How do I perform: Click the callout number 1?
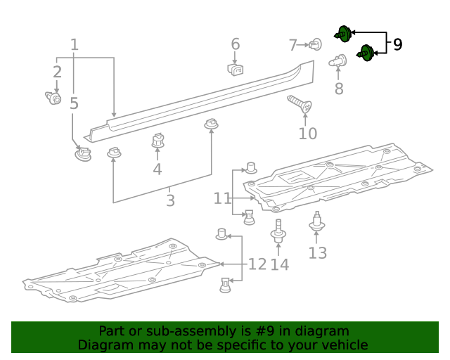(75, 45)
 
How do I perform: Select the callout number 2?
(57, 72)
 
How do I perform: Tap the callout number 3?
(170, 200)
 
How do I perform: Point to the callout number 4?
(157, 169)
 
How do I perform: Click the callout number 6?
(236, 44)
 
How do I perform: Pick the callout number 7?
(293, 46)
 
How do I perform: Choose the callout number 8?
(339, 89)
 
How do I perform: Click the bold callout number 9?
(397, 45)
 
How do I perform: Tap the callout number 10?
(307, 134)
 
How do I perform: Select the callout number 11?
(222, 199)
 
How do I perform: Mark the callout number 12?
(257, 264)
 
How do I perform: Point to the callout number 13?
(318, 252)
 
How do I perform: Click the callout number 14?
(279, 264)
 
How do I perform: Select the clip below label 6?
(236, 69)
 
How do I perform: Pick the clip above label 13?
(318, 224)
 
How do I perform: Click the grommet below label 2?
(53, 98)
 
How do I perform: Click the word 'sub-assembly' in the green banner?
(178, 331)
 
